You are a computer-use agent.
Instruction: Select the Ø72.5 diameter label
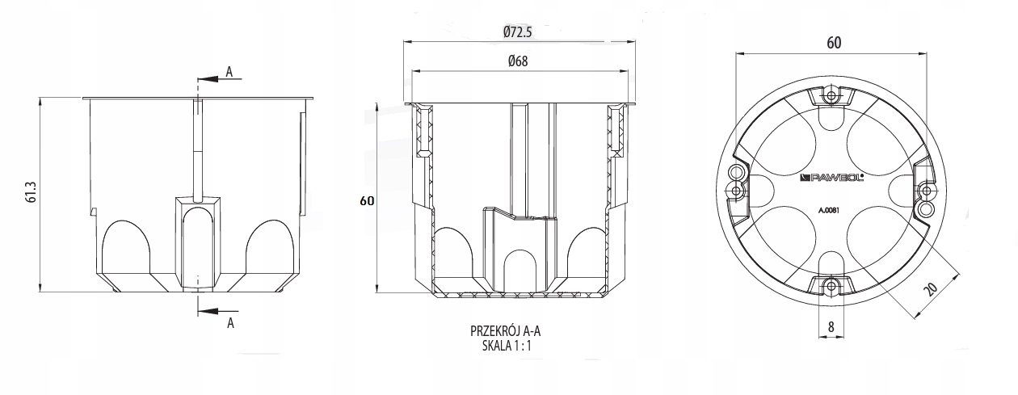pos(518,32)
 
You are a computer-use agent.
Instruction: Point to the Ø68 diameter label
pos(518,61)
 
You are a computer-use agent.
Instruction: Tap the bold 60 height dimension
pos(367,201)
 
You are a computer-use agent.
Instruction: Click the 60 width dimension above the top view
pos(834,43)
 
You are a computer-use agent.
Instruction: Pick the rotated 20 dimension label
pos(932,289)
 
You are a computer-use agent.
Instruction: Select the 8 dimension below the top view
pos(831,327)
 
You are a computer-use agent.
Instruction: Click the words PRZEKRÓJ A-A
pos(506,330)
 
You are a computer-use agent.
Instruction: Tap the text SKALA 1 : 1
pos(507,346)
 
